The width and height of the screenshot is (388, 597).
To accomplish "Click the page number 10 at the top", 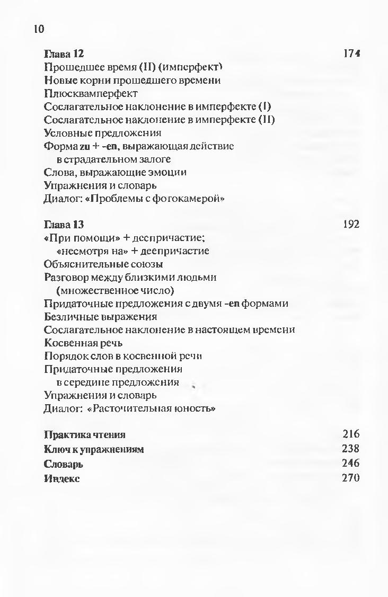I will pyautogui.click(x=39, y=29).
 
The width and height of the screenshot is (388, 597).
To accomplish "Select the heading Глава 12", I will pyautogui.click(x=64, y=54).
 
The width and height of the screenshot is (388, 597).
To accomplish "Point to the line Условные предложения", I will pyautogui.click(x=103, y=132).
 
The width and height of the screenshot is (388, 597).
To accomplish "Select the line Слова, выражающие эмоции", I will pyautogui.click(x=115, y=172).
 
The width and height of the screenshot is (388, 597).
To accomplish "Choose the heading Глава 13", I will pyautogui.click(x=64, y=224).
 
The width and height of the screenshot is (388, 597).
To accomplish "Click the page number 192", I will pyautogui.click(x=351, y=224).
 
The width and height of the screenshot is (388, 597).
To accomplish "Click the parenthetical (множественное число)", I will pyautogui.click(x=116, y=290).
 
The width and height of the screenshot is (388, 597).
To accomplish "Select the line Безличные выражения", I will pyautogui.click(x=101, y=317).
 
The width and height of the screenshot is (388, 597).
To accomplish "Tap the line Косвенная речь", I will pyautogui.click(x=84, y=343).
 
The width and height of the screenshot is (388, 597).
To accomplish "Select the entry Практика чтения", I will pyautogui.click(x=85, y=435).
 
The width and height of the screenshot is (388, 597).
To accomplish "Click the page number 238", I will pyautogui.click(x=351, y=449).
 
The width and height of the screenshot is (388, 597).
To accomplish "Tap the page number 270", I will pyautogui.click(x=351, y=478).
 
